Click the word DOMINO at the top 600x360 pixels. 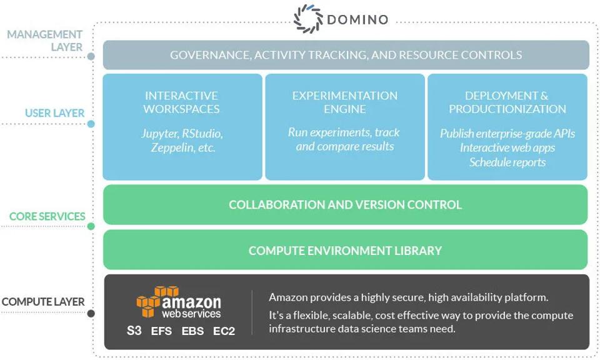pyautogui.click(x=357, y=19)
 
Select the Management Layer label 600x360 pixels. pyautogui.click(x=44, y=41)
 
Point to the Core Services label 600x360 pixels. pyautogui.click(x=47, y=216)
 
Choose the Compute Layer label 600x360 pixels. pyautogui.click(x=42, y=302)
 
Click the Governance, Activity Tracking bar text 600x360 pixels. pyautogui.click(x=346, y=55)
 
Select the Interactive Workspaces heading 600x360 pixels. pyautogui.click(x=181, y=102)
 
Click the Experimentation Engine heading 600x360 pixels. pyautogui.click(x=344, y=102)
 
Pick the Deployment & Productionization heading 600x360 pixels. pyautogui.click(x=507, y=102)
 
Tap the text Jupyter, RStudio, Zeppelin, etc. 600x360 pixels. pyautogui.click(x=182, y=141)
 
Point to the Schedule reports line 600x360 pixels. pyautogui.click(x=507, y=162)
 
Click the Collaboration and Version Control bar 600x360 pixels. pyautogui.click(x=345, y=204)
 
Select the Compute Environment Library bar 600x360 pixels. pyautogui.click(x=345, y=251)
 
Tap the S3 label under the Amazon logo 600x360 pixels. pyautogui.click(x=134, y=331)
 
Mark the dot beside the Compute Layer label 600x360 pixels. pyautogui.click(x=91, y=313)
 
